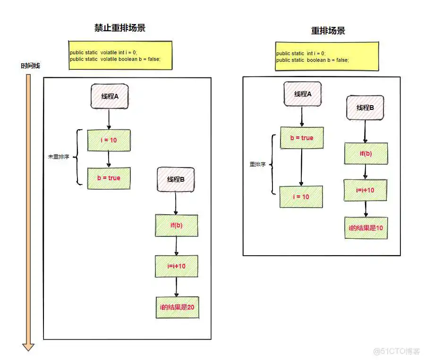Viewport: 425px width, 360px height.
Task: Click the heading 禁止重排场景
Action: pos(120,28)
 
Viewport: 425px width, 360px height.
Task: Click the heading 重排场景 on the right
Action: pos(328,31)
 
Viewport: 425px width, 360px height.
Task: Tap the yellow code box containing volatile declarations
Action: pos(120,55)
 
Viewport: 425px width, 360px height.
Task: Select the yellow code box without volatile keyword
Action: pos(327,56)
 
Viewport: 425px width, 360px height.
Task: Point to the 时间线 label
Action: pos(30,66)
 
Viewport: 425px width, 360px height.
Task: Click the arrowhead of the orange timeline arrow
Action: pos(28,346)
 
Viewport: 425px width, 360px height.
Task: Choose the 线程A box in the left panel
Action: pos(110,97)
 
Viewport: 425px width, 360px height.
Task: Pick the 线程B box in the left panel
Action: pos(176,180)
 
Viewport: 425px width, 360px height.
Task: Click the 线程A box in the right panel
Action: pos(303,94)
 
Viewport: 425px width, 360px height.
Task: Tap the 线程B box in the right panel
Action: pos(365,108)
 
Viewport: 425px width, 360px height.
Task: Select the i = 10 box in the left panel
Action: pos(109,140)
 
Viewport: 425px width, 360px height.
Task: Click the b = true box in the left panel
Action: pos(109,178)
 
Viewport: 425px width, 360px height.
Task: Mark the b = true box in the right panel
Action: pos(301,138)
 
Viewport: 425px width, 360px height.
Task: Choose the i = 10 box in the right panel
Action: pos(301,197)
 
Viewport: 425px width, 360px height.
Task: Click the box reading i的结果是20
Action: pos(177,307)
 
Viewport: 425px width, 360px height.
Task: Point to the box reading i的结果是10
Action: pos(366,228)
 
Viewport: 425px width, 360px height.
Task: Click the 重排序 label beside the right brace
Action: pos(257,165)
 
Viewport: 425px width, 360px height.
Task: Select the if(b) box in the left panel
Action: pos(177,225)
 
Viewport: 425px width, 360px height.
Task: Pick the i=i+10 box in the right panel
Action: pos(365,190)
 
